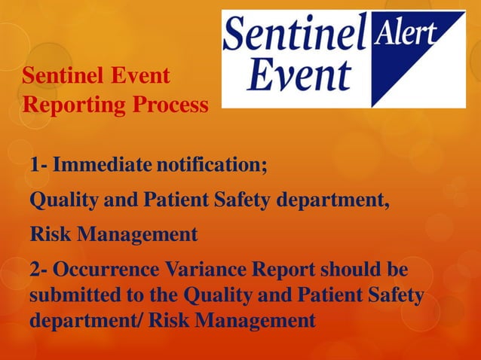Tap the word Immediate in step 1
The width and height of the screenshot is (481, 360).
100,163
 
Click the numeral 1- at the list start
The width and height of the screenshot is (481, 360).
38,163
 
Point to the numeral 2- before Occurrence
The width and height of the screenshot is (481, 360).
38,269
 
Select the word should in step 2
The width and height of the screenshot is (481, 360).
353,269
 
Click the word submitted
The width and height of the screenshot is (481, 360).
70,294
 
